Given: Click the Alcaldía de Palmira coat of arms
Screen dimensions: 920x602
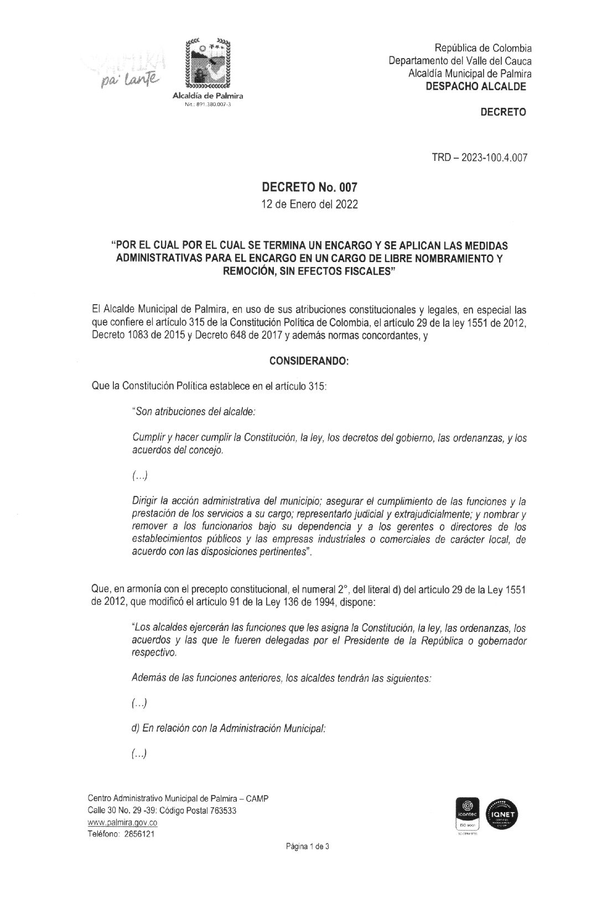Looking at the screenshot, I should click(207, 64).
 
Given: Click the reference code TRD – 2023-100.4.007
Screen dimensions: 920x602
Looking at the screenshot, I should click(479, 158).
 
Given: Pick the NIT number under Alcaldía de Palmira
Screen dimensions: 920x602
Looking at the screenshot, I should click(208, 104).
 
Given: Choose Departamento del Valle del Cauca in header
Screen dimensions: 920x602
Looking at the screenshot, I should click(460, 61).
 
